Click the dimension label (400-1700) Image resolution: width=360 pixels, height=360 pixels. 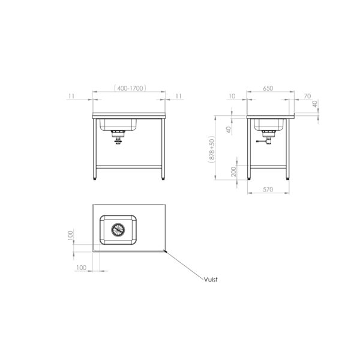pyautogui.click(x=130, y=88)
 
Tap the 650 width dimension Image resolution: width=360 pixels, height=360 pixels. pyautogui.click(x=268, y=88)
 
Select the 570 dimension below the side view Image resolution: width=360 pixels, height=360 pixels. pyautogui.click(x=268, y=190)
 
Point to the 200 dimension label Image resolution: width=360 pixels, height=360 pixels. pyautogui.click(x=233, y=172)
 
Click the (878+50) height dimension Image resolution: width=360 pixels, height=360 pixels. pyautogui.click(x=212, y=149)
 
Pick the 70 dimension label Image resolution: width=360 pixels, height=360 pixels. pyautogui.click(x=307, y=97)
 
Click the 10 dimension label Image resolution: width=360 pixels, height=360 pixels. pyautogui.click(x=232, y=97)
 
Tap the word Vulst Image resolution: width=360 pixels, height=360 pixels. pyautogui.click(x=211, y=280)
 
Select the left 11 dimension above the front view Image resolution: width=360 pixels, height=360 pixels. pyautogui.click(x=71, y=96)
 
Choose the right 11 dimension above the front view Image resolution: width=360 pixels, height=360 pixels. pyautogui.click(x=179, y=96)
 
